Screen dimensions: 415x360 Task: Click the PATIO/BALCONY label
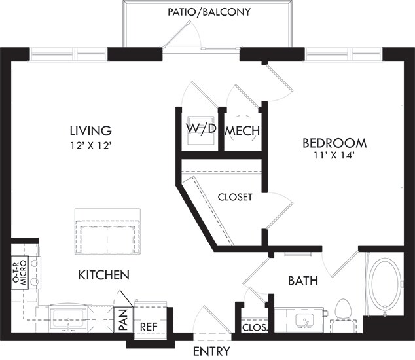(209, 12)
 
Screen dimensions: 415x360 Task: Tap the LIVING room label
(90, 130)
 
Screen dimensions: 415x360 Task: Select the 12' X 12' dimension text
(90, 146)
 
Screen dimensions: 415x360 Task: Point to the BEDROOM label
(334, 143)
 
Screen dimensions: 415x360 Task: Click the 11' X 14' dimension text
(334, 156)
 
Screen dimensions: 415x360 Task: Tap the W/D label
(201, 129)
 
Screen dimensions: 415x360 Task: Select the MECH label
(242, 131)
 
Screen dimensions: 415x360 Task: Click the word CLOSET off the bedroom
(235, 197)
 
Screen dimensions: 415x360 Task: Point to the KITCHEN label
(103, 276)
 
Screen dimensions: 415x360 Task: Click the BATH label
(303, 281)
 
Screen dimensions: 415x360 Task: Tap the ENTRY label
(211, 351)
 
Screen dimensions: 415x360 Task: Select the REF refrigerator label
(149, 327)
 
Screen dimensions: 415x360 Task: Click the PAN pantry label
(123, 319)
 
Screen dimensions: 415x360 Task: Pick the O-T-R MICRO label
(20, 273)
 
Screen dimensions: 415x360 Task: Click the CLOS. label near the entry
(255, 328)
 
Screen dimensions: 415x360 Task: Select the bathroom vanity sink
(304, 321)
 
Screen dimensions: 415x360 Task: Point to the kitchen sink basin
(69, 319)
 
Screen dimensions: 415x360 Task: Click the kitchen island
(107, 231)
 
